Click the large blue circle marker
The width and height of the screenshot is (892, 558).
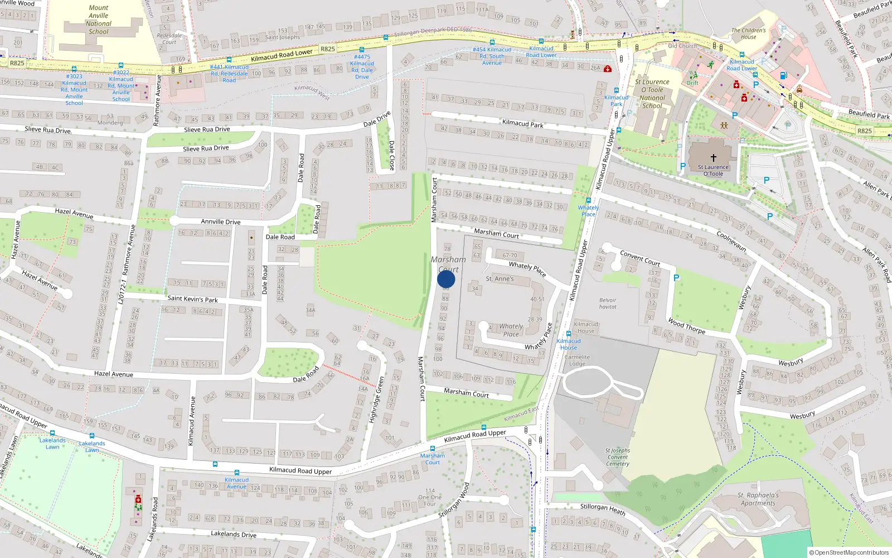click(x=446, y=279)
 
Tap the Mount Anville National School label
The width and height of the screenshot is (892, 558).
click(x=99, y=20)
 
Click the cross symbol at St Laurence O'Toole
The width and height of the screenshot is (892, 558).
click(x=713, y=158)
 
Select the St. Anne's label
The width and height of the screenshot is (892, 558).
click(x=500, y=278)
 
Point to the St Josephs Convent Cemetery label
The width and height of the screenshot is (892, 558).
click(x=618, y=457)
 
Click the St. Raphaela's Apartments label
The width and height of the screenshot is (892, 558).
click(x=758, y=499)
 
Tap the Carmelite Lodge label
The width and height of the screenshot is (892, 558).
click(x=577, y=360)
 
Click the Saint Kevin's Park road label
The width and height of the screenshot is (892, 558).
click(x=192, y=299)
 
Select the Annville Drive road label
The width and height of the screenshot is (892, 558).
click(x=221, y=222)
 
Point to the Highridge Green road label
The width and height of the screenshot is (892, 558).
click(x=376, y=400)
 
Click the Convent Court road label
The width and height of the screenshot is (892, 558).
click(x=640, y=258)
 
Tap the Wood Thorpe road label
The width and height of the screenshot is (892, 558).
click(x=686, y=326)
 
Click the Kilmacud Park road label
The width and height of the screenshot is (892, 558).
click(x=522, y=123)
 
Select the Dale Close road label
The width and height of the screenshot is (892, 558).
click(x=391, y=155)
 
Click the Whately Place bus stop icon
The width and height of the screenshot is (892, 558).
click(x=588, y=200)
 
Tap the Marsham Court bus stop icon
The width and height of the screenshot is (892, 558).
click(x=433, y=449)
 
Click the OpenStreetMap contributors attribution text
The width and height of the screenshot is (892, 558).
click(x=849, y=552)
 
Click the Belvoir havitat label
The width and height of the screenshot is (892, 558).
click(x=608, y=303)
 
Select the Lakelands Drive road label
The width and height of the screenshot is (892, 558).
click(x=234, y=534)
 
